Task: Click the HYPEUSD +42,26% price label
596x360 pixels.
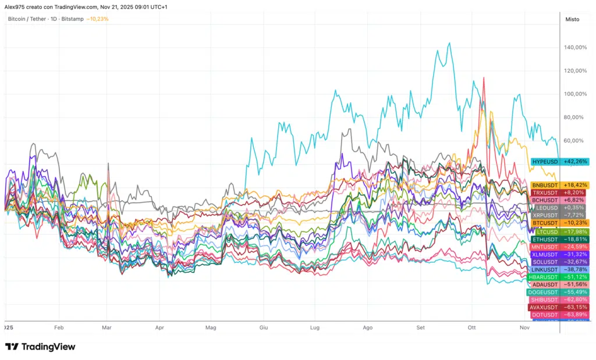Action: point(559,162)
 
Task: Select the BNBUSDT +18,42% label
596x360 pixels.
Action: point(559,185)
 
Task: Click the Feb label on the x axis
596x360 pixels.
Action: point(58,328)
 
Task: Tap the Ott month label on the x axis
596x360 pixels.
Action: point(472,328)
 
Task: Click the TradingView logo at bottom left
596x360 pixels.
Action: point(40,347)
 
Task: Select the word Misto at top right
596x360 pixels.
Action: point(572,19)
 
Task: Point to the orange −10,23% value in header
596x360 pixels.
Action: point(97,19)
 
